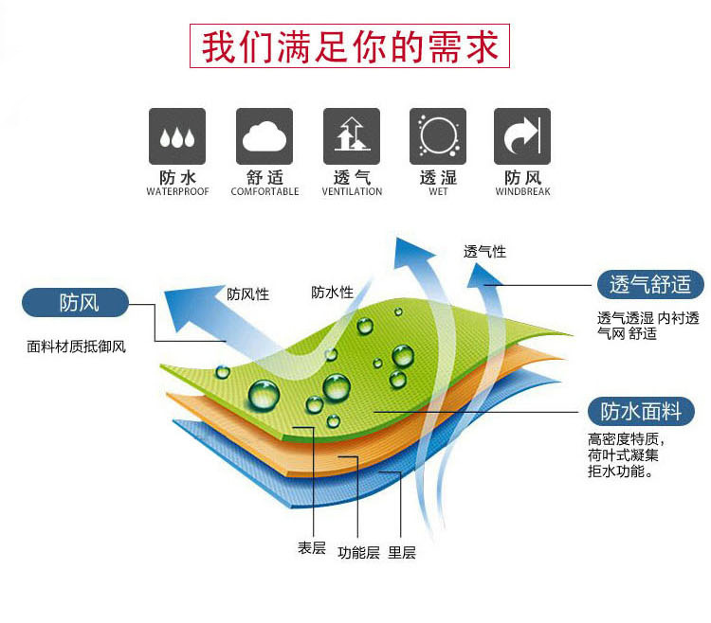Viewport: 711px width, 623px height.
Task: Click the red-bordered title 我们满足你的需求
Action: click(350, 46)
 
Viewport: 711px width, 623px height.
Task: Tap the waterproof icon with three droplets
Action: click(177, 137)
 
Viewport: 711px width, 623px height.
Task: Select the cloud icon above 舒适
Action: click(264, 137)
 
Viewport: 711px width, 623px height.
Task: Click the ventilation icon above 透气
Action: click(351, 137)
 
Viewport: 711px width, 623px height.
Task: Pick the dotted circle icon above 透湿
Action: click(437, 137)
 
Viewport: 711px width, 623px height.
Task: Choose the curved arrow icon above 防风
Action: click(522, 137)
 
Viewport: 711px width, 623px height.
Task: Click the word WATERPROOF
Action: click(177, 192)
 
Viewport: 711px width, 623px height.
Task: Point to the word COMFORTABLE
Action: click(264, 192)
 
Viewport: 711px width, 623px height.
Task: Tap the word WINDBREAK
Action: click(522, 192)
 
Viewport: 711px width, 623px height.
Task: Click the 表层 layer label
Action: click(311, 547)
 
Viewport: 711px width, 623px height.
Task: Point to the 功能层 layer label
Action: click(358, 553)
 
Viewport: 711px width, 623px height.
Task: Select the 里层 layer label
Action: click(402, 553)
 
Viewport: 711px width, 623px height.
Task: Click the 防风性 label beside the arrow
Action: click(247, 294)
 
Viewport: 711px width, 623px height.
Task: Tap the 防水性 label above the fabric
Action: click(332, 293)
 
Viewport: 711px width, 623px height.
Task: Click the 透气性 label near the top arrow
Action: click(484, 252)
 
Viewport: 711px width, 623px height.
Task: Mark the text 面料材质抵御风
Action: click(76, 347)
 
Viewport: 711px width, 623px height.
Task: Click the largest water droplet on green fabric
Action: click(264, 393)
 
